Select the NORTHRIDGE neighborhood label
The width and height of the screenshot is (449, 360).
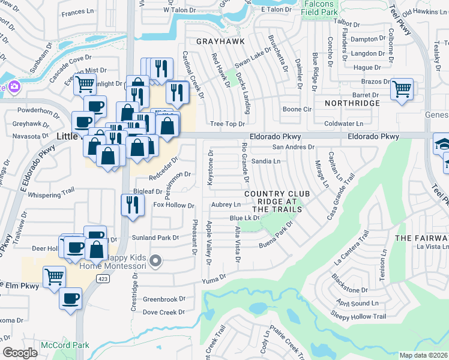click(x=352, y=103)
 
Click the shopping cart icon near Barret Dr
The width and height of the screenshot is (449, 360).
click(x=402, y=89)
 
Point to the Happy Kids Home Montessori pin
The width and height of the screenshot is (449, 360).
click(x=156, y=260)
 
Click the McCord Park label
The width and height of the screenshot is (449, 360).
click(x=65, y=345)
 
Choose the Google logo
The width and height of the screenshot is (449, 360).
click(x=20, y=353)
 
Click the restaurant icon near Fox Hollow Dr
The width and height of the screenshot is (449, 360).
click(x=130, y=205)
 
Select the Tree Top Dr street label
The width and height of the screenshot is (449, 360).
click(x=228, y=124)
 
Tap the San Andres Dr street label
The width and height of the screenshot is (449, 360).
click(x=294, y=147)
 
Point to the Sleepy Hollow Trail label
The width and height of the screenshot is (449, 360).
click(x=358, y=316)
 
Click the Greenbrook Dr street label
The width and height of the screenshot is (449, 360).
click(x=164, y=299)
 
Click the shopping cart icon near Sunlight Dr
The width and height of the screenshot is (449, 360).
click(x=85, y=85)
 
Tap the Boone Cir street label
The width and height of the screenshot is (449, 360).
click(x=297, y=109)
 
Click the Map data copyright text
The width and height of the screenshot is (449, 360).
click(x=424, y=355)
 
